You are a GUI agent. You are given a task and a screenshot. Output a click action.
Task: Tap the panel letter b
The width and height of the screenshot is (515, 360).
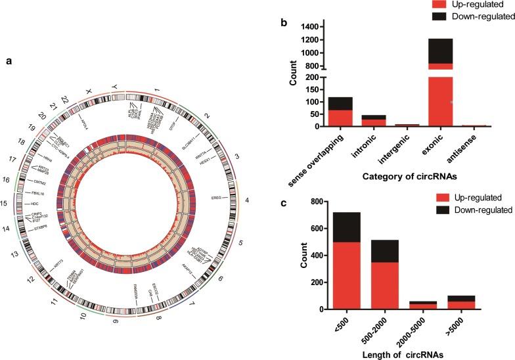[283, 24]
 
